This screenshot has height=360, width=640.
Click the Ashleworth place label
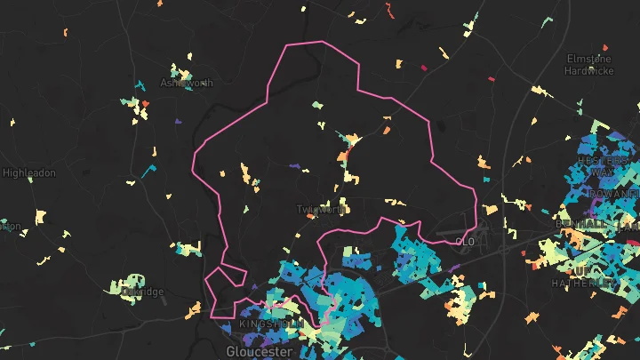187,84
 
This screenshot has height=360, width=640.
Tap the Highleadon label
29,172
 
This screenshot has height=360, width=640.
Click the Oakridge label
142,292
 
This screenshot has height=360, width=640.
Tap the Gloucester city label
260,351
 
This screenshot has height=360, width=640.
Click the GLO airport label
466,241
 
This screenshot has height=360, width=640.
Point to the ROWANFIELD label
612,192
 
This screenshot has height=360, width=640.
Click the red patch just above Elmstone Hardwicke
604,46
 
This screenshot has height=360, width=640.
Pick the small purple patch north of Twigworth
295,165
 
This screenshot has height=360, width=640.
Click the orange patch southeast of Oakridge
192,310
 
